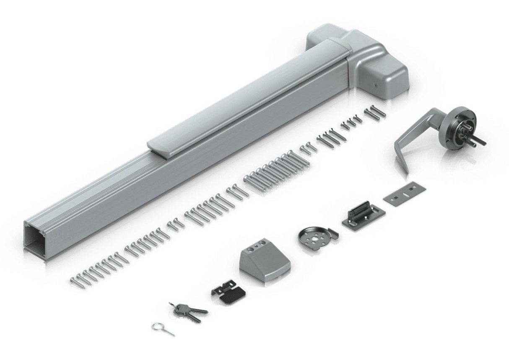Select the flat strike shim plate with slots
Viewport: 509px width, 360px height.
[x=404, y=194]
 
